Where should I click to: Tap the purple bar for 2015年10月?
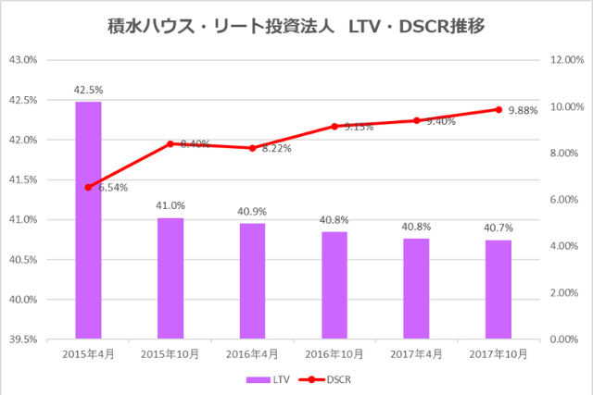170,278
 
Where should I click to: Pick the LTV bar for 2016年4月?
252,281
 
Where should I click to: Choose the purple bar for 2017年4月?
416,289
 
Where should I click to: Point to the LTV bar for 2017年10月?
498,290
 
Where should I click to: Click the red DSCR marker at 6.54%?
88,187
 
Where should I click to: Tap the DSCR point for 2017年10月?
498,109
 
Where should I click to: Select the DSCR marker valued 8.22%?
252,148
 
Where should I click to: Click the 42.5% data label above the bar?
88,90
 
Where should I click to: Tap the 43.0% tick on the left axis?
22,60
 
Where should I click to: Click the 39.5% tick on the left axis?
22,339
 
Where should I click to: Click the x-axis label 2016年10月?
334,354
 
